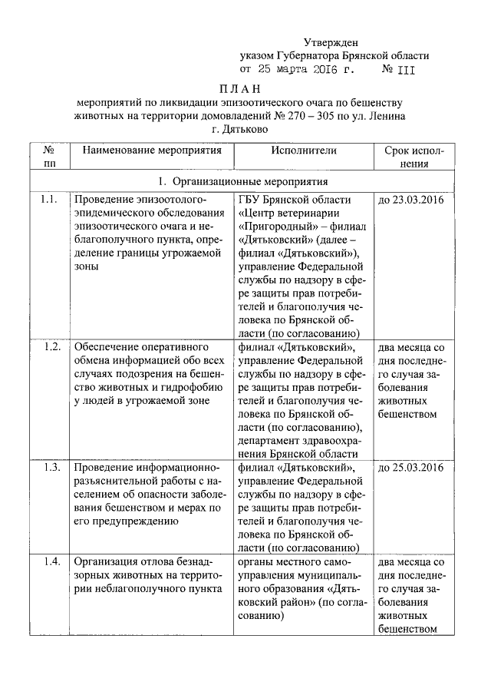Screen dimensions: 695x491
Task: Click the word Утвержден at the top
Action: click(330, 41)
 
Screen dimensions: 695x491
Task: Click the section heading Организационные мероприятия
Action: click(249, 182)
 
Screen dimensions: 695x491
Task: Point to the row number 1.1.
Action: click(49, 200)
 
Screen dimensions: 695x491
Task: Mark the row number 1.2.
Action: click(52, 346)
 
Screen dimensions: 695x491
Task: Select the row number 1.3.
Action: click(52, 467)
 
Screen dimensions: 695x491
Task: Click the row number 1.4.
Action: click(52, 561)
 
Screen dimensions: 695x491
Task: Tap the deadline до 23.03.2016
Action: click(412, 200)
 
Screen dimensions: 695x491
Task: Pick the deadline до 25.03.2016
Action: click(412, 467)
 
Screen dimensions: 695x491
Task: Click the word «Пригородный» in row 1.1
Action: click(279, 227)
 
